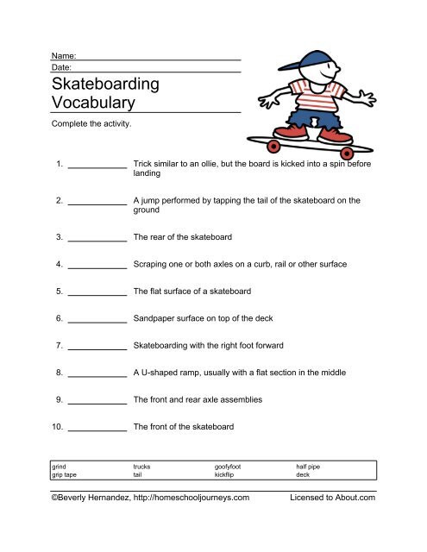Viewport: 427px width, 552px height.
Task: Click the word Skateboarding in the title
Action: pos(106,85)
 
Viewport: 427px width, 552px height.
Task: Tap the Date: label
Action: pos(62,66)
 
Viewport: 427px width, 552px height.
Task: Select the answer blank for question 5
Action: pos(97,291)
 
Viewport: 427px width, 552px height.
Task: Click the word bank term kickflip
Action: pos(229,474)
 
